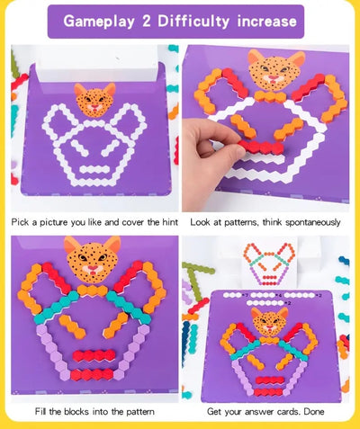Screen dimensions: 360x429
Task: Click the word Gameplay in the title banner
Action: [99, 22]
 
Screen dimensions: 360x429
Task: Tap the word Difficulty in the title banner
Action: [193, 22]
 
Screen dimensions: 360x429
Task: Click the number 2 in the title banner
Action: [147, 22]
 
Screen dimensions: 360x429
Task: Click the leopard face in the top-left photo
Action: [95, 100]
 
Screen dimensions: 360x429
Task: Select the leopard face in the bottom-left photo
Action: [92, 259]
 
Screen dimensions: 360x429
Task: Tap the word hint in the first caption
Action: [170, 222]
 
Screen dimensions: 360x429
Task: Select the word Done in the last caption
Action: [314, 411]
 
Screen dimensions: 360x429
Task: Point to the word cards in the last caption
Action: [288, 411]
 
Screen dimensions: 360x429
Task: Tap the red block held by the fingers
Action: [262, 147]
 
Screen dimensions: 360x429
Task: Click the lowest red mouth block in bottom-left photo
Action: [92, 375]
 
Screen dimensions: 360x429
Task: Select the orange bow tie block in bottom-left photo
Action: [92, 290]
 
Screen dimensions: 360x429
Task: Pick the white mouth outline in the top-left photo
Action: [94, 169]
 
